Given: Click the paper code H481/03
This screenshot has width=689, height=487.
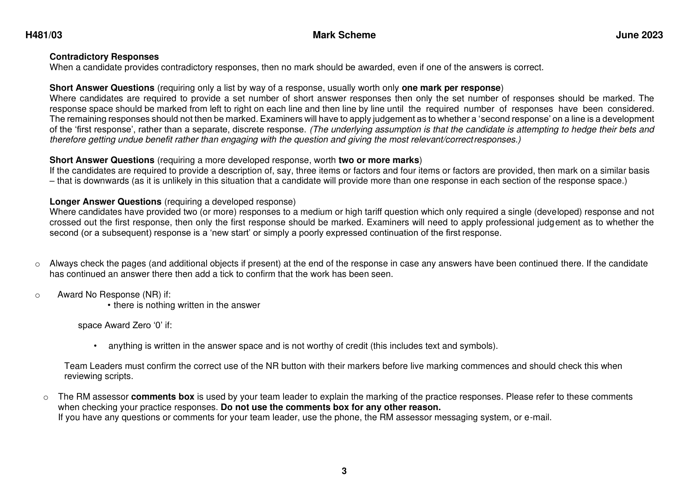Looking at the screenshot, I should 44,35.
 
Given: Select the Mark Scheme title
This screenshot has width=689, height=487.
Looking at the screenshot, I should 344,35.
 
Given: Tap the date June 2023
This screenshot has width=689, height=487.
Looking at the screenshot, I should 639,35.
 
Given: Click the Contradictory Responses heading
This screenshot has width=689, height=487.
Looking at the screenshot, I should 104,57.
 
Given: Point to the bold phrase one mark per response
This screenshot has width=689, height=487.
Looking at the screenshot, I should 451,88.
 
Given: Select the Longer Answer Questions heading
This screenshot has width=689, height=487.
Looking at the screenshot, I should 105,202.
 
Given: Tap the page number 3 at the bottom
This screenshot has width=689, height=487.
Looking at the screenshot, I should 344,471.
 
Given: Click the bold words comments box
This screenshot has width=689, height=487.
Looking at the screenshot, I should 163,397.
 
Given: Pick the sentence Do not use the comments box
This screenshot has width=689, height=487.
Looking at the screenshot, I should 331,407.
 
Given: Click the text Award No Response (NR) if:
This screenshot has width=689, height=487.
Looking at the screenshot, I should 114,295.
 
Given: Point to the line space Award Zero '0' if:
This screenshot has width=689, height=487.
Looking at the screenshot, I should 125,325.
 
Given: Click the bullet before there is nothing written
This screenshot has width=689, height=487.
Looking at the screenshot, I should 109,305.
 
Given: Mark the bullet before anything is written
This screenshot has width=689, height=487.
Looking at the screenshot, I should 95,346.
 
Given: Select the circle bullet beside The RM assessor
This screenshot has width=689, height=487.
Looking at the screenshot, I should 46,397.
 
